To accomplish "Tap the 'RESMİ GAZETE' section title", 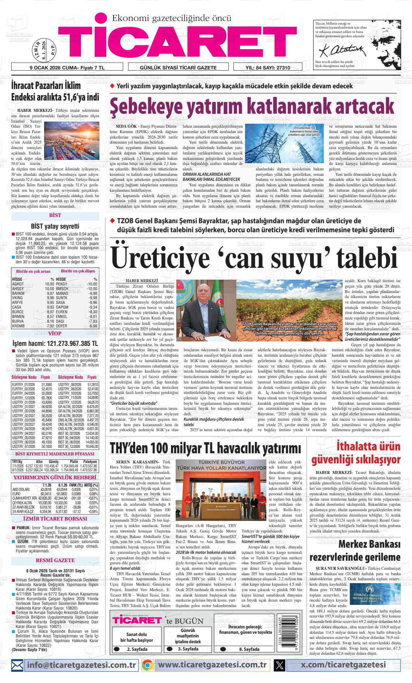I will [55, 560].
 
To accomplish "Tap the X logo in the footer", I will [279, 665].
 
